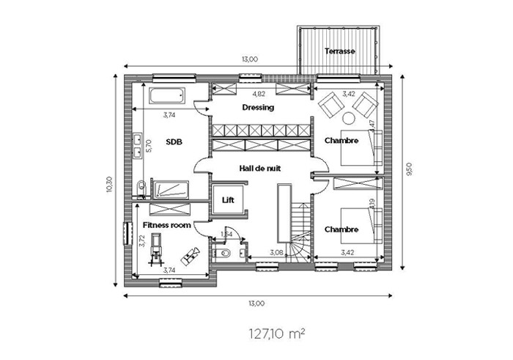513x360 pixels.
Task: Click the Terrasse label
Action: click(x=339, y=51)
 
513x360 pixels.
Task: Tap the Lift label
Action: click(x=228, y=199)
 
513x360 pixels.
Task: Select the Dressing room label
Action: click(x=258, y=108)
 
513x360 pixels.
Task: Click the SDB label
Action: click(x=174, y=142)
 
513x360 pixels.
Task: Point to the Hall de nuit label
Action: click(x=260, y=169)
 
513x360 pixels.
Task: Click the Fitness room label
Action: click(x=167, y=225)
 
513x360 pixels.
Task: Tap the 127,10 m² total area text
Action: click(x=278, y=334)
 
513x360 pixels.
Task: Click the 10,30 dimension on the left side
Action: click(x=109, y=184)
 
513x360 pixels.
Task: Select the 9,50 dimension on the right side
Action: click(x=409, y=169)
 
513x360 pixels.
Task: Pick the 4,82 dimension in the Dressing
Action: click(x=259, y=94)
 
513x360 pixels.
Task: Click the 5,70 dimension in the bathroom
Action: click(x=149, y=146)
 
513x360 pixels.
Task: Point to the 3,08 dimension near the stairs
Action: click(x=276, y=253)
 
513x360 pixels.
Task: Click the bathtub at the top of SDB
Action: click(x=167, y=95)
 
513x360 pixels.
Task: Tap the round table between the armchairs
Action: click(x=349, y=118)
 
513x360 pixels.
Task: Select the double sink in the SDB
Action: click(x=137, y=144)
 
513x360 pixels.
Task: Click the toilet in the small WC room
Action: click(x=222, y=253)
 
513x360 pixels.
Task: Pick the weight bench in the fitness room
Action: click(x=190, y=256)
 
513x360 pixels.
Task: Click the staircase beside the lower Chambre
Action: click(x=300, y=232)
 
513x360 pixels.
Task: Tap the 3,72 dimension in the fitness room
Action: click(x=142, y=240)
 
